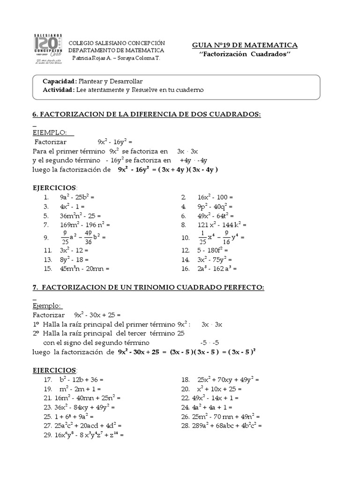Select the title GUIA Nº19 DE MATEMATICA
click(245, 45)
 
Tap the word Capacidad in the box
click(60, 81)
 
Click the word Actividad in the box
click(59, 90)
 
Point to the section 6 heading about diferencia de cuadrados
click(146, 115)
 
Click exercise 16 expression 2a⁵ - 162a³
click(217, 269)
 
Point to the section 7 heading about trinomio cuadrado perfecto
click(148, 287)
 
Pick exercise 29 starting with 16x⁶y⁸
click(84, 435)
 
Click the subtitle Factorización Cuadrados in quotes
click(245, 54)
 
